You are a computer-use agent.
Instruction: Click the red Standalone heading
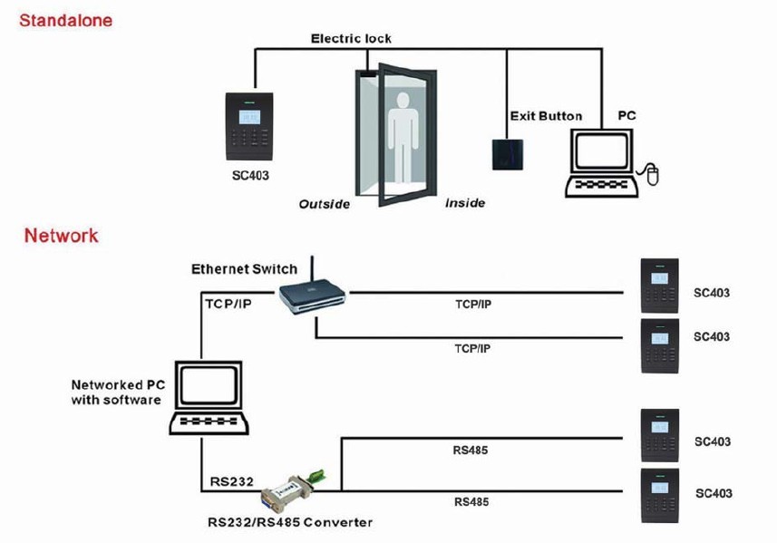coord(66,20)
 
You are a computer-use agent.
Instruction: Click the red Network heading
coord(61,236)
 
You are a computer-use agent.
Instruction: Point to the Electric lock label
coord(351,39)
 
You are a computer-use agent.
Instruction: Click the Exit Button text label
coord(546,116)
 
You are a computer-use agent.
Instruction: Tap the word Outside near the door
coord(325,204)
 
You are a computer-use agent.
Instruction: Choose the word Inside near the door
coord(464,203)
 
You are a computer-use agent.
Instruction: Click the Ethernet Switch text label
coord(244,269)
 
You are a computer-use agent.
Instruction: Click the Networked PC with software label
coord(117,392)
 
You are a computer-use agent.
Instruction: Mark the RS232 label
coord(231,481)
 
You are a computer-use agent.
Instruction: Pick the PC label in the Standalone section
coord(626,116)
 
